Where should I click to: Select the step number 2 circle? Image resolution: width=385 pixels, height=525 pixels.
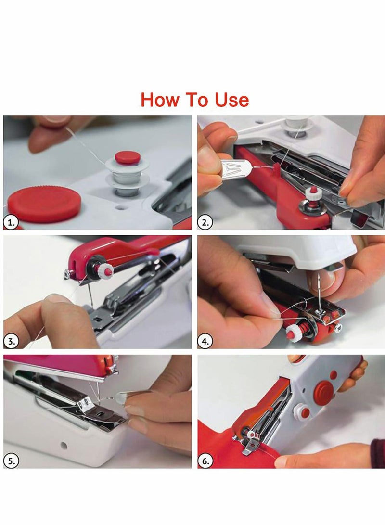pyautogui.click(x=206, y=222)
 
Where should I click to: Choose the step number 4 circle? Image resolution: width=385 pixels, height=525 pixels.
pyautogui.click(x=206, y=341)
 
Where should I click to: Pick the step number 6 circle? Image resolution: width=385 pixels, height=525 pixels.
pyautogui.click(x=206, y=461)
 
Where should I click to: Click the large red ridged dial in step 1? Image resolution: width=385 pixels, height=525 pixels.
pyautogui.click(x=44, y=204)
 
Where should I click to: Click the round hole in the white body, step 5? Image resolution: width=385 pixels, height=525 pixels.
pyautogui.click(x=63, y=444)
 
